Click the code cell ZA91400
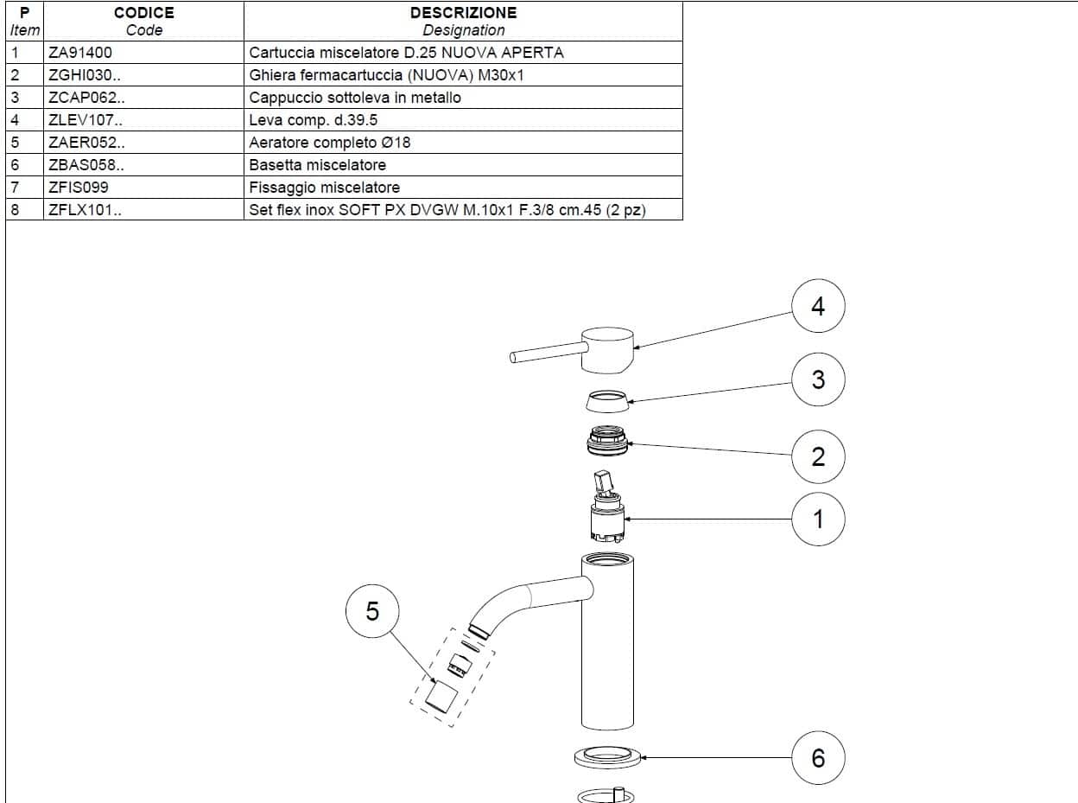pyautogui.click(x=80, y=53)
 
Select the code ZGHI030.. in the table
pyautogui.click(x=86, y=75)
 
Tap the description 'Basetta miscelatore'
pyautogui.click(x=317, y=165)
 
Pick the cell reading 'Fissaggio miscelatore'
pyautogui.click(x=324, y=188)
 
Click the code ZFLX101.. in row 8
pyautogui.click(x=86, y=210)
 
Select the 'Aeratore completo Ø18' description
pyautogui.click(x=329, y=143)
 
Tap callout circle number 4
pyautogui.click(x=818, y=306)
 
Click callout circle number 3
pyautogui.click(x=818, y=379)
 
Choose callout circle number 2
pyautogui.click(x=818, y=456)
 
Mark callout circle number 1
pyautogui.click(x=818, y=519)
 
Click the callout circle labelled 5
pyautogui.click(x=372, y=611)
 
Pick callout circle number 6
pyautogui.click(x=818, y=758)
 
